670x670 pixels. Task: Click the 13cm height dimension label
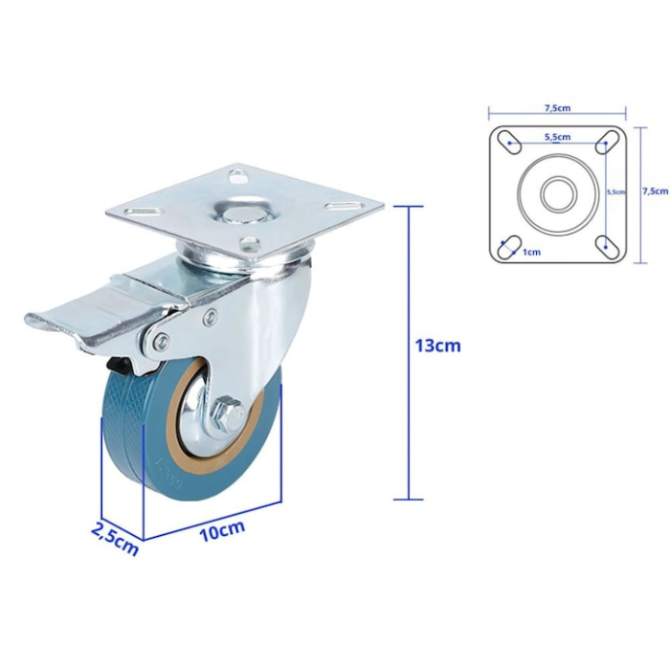coord(437,346)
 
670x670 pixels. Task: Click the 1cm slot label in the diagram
coord(531,252)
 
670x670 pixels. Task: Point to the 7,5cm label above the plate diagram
coord(556,108)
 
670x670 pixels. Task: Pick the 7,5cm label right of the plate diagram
coord(655,190)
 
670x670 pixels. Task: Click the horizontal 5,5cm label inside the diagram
coord(557,137)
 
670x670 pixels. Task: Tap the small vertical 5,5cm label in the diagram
coord(616,191)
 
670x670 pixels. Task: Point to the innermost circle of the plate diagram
coord(556,194)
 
